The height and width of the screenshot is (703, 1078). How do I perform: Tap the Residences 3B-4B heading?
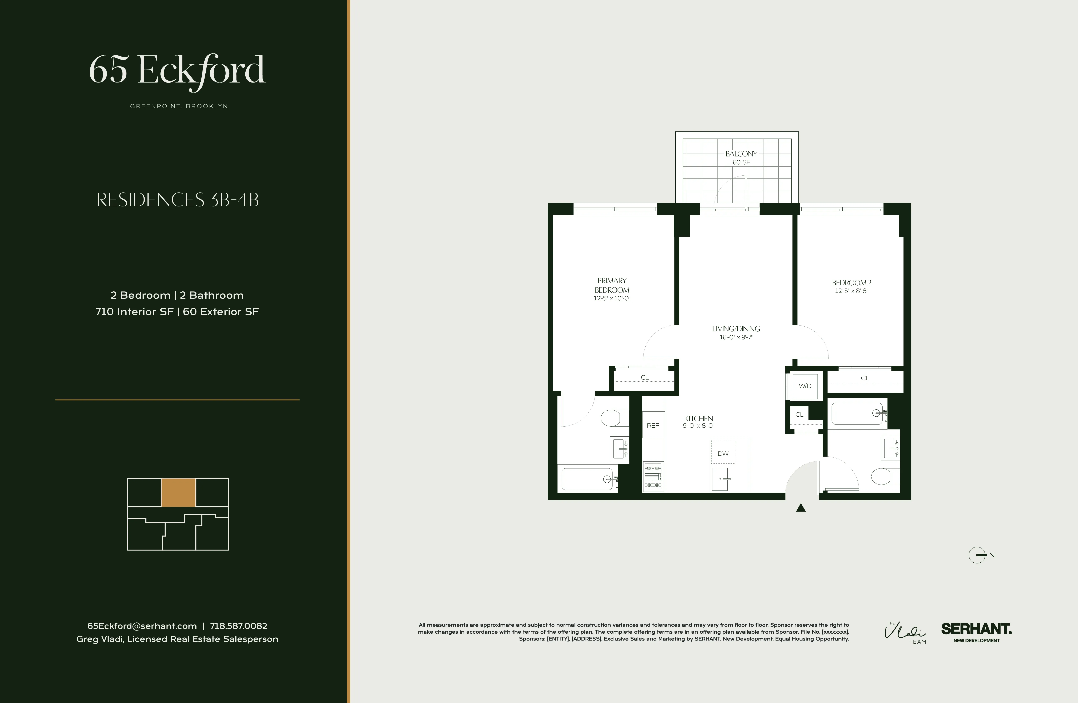pos(177,200)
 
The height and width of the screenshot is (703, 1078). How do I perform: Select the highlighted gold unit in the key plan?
pos(179,492)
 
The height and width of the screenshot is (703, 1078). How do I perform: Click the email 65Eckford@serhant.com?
pos(142,626)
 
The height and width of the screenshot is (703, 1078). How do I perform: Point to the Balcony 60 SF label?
pos(741,158)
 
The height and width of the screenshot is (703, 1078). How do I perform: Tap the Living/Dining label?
pos(736,329)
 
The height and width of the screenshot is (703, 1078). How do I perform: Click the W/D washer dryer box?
pos(805,386)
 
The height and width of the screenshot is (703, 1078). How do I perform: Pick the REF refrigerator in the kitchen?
pos(653,425)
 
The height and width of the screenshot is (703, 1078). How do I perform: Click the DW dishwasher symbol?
pos(723,453)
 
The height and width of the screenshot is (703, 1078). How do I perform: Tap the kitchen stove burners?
pos(653,477)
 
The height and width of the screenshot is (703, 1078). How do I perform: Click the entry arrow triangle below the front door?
pos(801,508)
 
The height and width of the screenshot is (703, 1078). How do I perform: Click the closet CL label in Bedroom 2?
pos(865,378)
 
